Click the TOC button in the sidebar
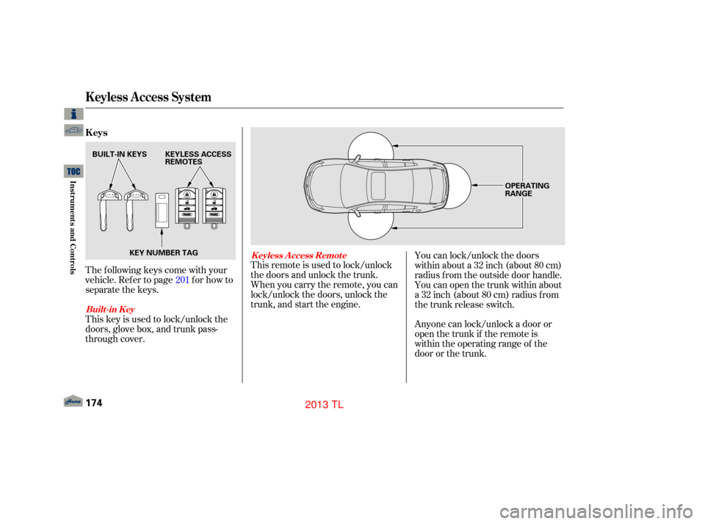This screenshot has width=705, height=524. coord(73,171)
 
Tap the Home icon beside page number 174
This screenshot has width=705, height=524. coord(73,401)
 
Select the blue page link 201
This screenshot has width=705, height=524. coord(182,280)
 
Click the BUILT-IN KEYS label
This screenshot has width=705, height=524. coord(120,154)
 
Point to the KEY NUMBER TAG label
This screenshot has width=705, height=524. coord(164,252)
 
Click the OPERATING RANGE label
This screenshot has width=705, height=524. coord(527,189)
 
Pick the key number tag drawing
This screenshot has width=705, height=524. coord(162,211)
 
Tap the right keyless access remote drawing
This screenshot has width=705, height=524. coord(214,208)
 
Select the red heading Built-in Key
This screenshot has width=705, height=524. coord(110,309)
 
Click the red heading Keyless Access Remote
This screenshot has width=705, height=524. coord(299,255)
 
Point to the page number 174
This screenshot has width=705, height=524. coord(93,403)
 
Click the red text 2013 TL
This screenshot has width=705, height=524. coord(324,404)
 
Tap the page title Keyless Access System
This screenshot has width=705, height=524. coord(148,97)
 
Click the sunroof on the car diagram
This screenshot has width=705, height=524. coord(377,186)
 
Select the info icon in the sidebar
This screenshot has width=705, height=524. coord(73,114)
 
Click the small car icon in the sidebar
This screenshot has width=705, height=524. coord(73,131)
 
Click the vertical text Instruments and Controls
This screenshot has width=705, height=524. coord(73,228)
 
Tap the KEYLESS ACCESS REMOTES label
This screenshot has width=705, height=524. coord(198,158)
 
